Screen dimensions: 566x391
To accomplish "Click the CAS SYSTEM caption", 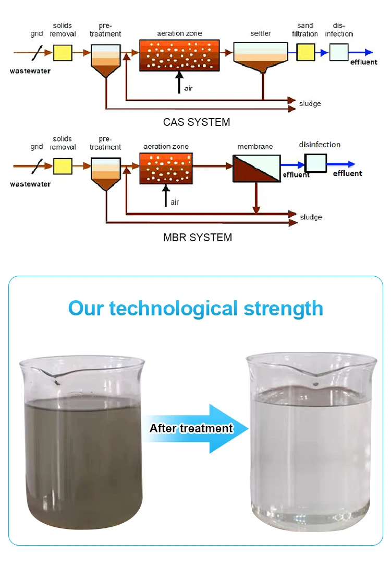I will click(196, 123).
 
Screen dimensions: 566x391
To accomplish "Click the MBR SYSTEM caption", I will click(197, 238).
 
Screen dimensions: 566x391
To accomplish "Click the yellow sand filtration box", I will click(306, 52).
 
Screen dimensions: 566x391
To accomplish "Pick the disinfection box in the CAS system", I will click(339, 52).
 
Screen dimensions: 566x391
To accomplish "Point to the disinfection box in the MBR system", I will click(315, 163).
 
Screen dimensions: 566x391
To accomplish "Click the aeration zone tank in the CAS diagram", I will click(179, 55).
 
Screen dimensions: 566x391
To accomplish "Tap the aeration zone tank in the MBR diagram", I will click(166, 168).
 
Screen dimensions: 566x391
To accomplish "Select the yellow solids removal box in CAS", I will click(63, 53).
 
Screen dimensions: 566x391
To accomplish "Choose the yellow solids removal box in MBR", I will click(63, 166).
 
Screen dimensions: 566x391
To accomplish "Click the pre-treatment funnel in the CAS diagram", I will click(105, 60).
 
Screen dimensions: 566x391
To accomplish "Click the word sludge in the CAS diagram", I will click(310, 103).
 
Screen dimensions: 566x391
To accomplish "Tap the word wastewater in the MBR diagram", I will click(30, 184).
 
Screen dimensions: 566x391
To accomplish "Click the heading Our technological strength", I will click(195, 308).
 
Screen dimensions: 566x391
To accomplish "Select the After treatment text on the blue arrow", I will click(191, 429).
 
